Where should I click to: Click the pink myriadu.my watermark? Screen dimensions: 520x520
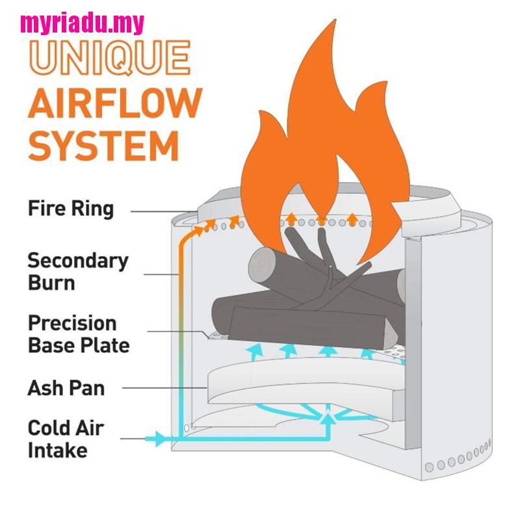coord(83,24)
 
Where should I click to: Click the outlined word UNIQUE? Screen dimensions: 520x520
coord(110,58)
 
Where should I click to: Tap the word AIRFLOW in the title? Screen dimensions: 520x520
coord(115,103)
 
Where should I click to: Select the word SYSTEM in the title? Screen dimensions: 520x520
coord(103,146)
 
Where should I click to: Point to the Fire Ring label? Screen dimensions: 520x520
coord(71,209)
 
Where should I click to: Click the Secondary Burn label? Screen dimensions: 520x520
coord(77,271)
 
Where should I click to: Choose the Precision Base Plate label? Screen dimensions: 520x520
coord(79,334)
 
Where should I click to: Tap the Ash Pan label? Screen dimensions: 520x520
coord(66,388)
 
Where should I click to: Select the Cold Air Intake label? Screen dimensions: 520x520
coord(66,439)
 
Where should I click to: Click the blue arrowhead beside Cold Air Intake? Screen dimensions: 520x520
coord(161,439)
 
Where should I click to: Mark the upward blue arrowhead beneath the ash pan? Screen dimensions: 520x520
coord(328,419)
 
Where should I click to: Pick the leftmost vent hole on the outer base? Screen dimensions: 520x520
coord(429,467)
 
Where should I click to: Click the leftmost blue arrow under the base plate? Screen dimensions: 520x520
coord(256,352)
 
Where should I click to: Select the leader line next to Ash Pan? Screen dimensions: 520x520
coord(165,387)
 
